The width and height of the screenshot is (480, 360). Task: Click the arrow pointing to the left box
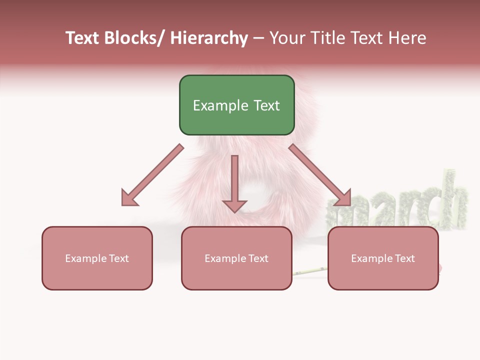pos(152,175)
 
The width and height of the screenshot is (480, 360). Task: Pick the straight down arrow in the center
pos(234,182)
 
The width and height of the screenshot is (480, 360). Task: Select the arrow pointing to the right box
pos(320,175)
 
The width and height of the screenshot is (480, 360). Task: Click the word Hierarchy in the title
pos(209,38)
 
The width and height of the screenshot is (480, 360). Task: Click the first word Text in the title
pos(82,38)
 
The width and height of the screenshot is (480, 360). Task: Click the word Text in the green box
pos(266,105)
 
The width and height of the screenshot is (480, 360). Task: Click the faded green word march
pos(400,205)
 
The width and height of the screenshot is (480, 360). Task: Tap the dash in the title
pos(258,38)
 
